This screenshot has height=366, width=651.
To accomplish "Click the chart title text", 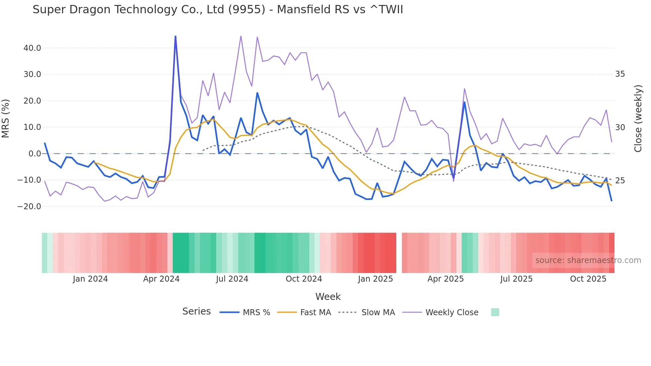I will pos(218,10).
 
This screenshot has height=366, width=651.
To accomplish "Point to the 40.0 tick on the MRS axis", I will pos(32,48).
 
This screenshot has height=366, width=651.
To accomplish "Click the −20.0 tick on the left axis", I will pos(29,207).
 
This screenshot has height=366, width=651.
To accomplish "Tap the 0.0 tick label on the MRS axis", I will pos(35,154).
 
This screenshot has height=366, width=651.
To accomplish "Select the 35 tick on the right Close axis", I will pos(620,74).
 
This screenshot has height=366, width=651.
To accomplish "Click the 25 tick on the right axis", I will pos(620,181).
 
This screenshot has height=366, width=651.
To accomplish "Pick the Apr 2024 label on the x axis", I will pos(161,279).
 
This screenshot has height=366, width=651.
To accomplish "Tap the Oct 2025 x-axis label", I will pos(588,279).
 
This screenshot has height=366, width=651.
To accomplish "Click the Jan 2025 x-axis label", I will pos(375,279).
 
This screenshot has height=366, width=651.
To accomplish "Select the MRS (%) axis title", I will pos(6,119).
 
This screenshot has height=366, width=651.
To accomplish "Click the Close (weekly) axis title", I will pos(638,119).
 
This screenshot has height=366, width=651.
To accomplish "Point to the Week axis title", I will pos(328,297).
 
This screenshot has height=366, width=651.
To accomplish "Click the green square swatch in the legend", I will pos(495,312).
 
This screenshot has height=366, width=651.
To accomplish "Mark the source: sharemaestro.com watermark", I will pos(588,260).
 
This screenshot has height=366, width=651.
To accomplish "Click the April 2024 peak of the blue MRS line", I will pos(175,36).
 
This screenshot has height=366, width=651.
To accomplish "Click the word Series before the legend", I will pos(196,312).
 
